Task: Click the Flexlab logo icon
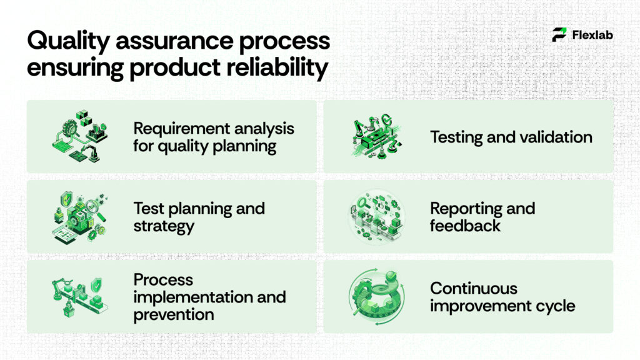click(x=559, y=35)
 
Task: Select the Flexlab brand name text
click(x=592, y=35)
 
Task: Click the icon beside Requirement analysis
click(x=76, y=136)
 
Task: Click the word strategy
click(x=164, y=226)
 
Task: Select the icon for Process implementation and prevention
click(x=77, y=295)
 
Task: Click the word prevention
click(x=173, y=314)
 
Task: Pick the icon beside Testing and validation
click(x=374, y=136)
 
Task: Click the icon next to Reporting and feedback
click(x=374, y=217)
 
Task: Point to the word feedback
click(x=465, y=226)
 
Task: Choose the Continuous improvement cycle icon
click(x=374, y=297)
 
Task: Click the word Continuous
click(x=473, y=288)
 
